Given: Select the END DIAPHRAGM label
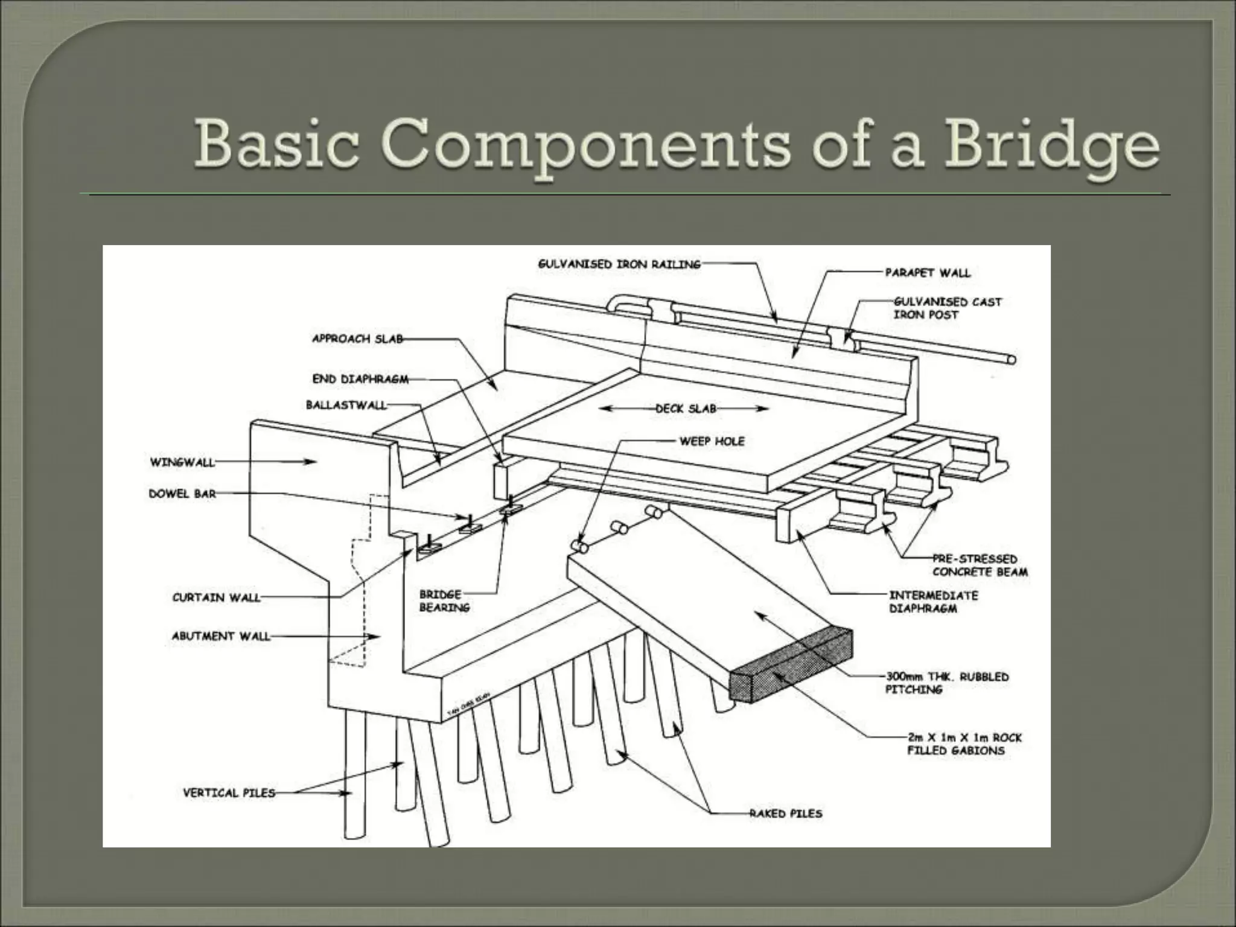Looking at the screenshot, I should click(360, 379).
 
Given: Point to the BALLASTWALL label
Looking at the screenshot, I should click(346, 405).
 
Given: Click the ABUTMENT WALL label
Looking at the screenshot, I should click(221, 636).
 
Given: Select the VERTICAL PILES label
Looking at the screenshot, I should click(229, 792).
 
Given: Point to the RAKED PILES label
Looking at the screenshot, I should click(786, 814).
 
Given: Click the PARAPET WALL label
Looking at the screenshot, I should click(928, 273).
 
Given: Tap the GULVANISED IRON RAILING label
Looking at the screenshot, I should click(619, 264).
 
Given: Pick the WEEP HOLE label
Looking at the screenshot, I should click(712, 441).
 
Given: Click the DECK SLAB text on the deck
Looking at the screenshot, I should click(686, 409).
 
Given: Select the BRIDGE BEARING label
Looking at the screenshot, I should click(444, 601).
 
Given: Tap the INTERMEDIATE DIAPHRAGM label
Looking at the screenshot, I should click(933, 602).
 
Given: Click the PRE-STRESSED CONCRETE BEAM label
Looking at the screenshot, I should click(980, 565).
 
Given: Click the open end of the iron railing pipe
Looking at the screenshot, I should click(1011, 360).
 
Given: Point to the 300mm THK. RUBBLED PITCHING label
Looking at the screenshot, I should click(946, 683).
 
